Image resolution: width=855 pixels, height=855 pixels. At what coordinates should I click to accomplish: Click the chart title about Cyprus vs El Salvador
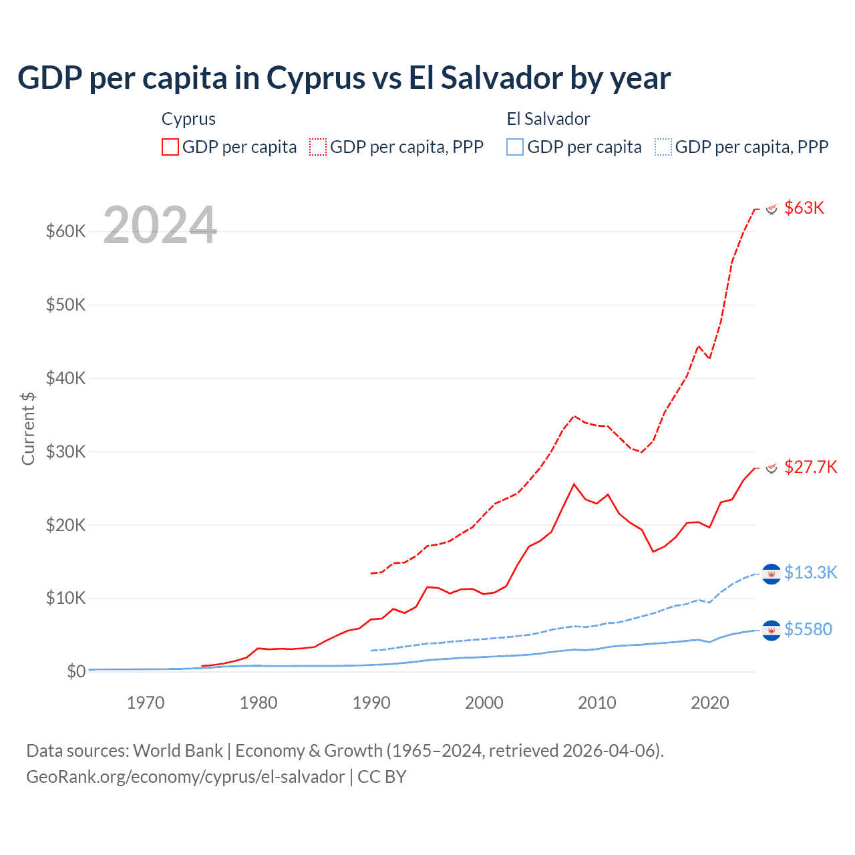[344, 78]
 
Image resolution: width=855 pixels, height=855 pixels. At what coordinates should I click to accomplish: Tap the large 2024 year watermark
[160, 226]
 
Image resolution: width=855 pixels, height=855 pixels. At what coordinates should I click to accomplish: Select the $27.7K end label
[810, 467]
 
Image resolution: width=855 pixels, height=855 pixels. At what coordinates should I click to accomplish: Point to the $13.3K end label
[810, 572]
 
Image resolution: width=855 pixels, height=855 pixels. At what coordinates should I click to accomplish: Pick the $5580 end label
[808, 629]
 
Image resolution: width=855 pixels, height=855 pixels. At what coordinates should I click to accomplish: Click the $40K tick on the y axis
[65, 378]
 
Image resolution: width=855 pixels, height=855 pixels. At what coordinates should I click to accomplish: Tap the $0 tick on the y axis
[76, 671]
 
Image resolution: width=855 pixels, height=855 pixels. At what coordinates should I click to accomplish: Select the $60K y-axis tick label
[65, 231]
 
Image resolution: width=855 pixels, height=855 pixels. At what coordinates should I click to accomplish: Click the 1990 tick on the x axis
[371, 703]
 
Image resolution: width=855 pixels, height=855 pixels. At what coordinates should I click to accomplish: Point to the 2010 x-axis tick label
[597, 703]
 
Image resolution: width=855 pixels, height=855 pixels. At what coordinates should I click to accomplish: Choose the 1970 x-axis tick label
[146, 703]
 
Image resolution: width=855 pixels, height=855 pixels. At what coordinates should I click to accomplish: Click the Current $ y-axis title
[28, 428]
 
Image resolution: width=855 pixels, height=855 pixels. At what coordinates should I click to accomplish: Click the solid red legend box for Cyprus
[170, 147]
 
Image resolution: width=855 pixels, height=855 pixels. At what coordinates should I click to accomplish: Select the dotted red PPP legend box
[319, 147]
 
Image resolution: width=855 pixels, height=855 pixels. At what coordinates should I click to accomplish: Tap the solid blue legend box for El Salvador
[515, 147]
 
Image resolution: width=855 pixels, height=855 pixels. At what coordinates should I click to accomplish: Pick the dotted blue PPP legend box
[663, 147]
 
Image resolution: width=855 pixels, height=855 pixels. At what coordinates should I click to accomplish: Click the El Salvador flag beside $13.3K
[772, 574]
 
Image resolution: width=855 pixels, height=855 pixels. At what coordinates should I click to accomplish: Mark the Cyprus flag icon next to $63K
[772, 208]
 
